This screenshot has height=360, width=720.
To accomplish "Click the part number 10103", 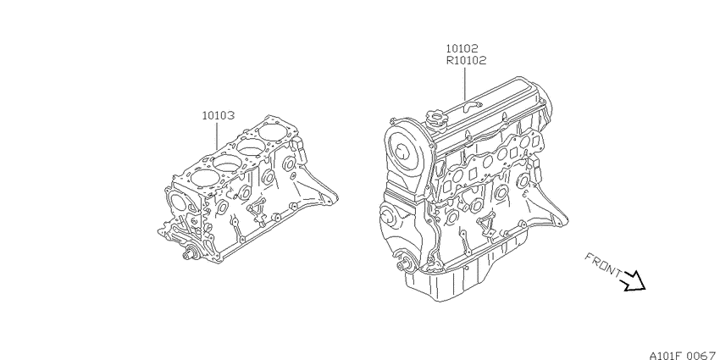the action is (x=218, y=115).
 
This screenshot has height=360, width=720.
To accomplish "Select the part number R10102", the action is (x=466, y=60).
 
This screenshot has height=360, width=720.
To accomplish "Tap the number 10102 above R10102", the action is (x=462, y=48).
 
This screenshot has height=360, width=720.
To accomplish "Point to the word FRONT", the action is (x=604, y=265).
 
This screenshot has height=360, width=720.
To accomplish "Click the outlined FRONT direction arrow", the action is (x=634, y=281).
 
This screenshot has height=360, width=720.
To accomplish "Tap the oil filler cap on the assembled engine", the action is (x=435, y=117).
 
